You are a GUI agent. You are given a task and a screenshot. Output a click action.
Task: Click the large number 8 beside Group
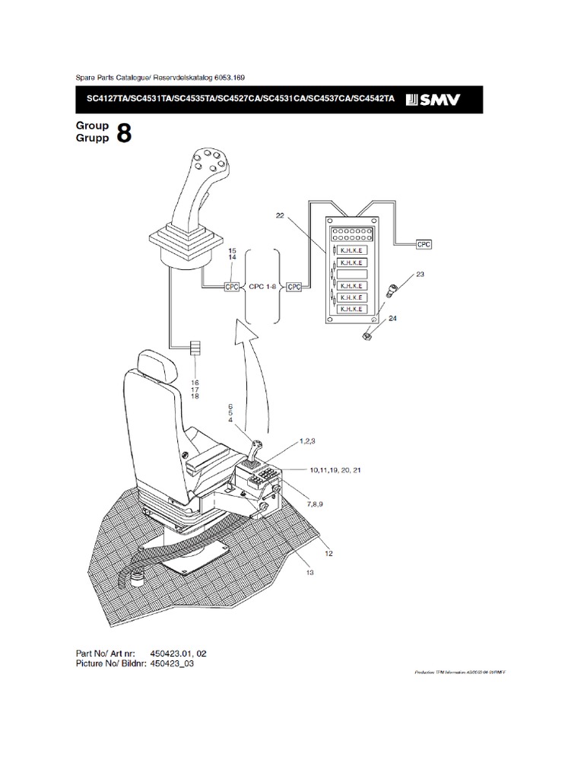pos(124,134)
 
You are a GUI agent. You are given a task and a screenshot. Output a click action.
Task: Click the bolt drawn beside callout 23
pos(392,289)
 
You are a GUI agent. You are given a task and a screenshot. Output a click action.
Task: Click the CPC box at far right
pos(424,244)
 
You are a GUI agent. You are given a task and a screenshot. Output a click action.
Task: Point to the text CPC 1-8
pos(262,287)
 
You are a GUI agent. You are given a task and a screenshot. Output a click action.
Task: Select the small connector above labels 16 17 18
pos(195,349)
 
